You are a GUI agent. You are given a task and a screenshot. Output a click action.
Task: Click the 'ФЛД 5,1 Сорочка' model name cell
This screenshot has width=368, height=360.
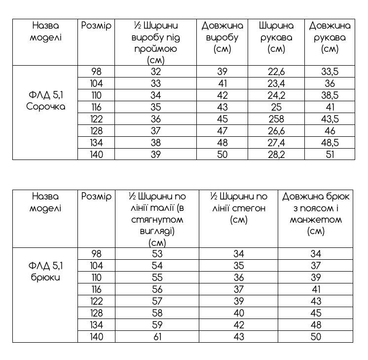click(45, 100)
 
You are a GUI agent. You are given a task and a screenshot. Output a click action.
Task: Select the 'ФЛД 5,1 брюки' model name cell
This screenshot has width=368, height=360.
click(45, 272)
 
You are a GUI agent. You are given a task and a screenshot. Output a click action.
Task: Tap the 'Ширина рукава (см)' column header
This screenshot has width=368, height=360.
click(276, 37)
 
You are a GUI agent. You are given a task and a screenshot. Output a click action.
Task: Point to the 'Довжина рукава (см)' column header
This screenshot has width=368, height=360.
click(330, 37)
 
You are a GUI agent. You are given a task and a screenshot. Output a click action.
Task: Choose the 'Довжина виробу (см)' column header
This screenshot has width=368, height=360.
click(222, 37)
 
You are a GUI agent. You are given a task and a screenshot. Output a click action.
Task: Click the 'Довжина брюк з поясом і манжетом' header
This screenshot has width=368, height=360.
click(316, 214)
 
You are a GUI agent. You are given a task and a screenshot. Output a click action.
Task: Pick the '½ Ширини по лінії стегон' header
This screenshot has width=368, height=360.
click(238, 208)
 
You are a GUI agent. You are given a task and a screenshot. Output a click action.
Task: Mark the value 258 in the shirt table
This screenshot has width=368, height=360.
click(276, 119)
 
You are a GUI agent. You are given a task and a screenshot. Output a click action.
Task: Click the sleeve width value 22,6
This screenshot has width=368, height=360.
click(276, 72)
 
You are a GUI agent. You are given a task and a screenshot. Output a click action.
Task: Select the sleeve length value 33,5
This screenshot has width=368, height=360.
click(330, 72)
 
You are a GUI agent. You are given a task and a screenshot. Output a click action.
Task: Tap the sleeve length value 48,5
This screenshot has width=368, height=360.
click(330, 143)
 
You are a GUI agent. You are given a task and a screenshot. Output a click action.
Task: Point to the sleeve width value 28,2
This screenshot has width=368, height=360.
click(276, 155)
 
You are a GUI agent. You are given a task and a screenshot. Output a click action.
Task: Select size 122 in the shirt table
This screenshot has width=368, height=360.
click(96, 119)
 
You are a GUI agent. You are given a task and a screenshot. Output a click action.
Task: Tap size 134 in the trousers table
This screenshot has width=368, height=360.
click(96, 325)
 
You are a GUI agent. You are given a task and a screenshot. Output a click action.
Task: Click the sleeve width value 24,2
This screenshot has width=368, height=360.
click(276, 95)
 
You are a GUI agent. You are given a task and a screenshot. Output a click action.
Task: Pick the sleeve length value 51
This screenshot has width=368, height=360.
click(330, 155)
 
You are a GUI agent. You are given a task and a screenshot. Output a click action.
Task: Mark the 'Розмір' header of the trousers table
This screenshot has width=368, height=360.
click(96, 197)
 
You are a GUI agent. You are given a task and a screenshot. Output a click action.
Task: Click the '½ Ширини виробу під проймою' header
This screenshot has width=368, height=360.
click(156, 43)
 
